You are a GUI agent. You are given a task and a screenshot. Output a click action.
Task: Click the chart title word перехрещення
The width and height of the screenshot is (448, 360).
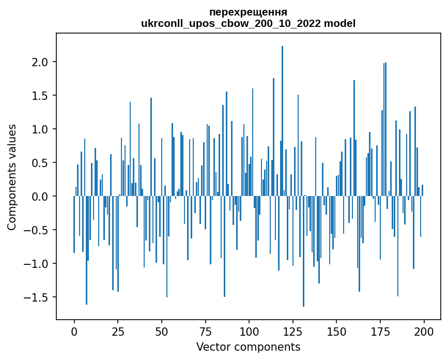pyautogui.click(x=248, y=12)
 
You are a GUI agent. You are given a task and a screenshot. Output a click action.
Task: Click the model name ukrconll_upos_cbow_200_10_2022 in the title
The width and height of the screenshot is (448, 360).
pyautogui.click(x=230, y=24)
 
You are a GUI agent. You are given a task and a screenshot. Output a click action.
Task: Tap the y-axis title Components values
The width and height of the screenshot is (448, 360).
pyautogui.click(x=12, y=177)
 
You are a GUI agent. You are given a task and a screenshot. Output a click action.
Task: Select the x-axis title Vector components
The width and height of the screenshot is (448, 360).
pyautogui.click(x=248, y=347)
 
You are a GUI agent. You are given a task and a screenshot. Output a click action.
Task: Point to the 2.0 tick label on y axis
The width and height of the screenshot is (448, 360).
pyautogui.click(x=40, y=62)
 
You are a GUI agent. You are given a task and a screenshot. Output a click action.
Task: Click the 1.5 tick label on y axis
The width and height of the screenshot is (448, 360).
pyautogui.click(x=40, y=96)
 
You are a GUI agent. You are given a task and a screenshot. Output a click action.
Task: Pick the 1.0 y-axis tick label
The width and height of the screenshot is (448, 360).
pyautogui.click(x=40, y=129)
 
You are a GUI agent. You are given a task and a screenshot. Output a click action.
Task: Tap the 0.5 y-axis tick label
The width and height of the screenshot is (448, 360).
pyautogui.click(x=40, y=163)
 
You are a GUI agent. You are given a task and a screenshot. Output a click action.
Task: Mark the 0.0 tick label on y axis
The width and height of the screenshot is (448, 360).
pyautogui.click(x=40, y=197)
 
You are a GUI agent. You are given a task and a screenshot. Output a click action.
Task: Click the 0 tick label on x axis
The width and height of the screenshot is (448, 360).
pyautogui.click(x=74, y=331)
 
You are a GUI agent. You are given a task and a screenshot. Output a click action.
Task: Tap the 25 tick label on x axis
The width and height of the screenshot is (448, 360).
pyautogui.click(x=118, y=331)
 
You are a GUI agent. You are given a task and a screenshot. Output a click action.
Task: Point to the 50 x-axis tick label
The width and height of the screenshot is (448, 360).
pyautogui.click(x=162, y=331)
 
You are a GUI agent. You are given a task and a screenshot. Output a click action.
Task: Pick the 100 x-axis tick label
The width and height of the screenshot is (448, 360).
pyautogui.click(x=249, y=331)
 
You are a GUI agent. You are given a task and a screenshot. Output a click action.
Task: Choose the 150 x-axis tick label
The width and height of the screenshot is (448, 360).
pyautogui.click(x=336, y=331)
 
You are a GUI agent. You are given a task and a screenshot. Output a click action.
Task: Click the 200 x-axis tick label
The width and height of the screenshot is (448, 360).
pyautogui.click(x=424, y=331)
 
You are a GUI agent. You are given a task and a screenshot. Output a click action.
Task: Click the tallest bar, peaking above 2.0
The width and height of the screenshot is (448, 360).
pyautogui.click(x=282, y=121)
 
